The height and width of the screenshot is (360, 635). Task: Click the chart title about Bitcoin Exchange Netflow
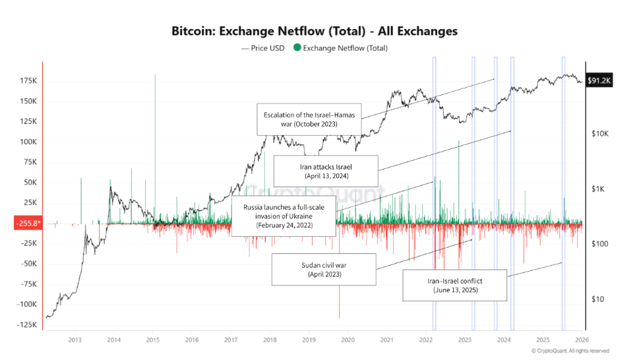pyautogui.click(x=314, y=31)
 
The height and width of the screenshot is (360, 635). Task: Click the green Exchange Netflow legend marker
pyautogui.click(x=297, y=48)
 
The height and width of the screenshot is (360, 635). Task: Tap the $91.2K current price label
pyautogui.click(x=601, y=80)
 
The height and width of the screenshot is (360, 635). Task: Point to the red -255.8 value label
pyautogui.click(x=28, y=224)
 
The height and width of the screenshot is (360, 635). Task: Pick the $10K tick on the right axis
pyautogui.click(x=599, y=135)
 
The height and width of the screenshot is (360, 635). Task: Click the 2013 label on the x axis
pyautogui.click(x=75, y=340)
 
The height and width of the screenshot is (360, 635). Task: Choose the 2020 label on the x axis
pyautogui.click(x=348, y=340)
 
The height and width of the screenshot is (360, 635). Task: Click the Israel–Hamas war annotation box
pyautogui.click(x=309, y=119)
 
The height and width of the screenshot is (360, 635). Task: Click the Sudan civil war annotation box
pyautogui.click(x=324, y=269)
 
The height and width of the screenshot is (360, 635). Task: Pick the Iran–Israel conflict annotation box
pyautogui.click(x=456, y=285)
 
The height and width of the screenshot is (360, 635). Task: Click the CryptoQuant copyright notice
pyautogui.click(x=570, y=351)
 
